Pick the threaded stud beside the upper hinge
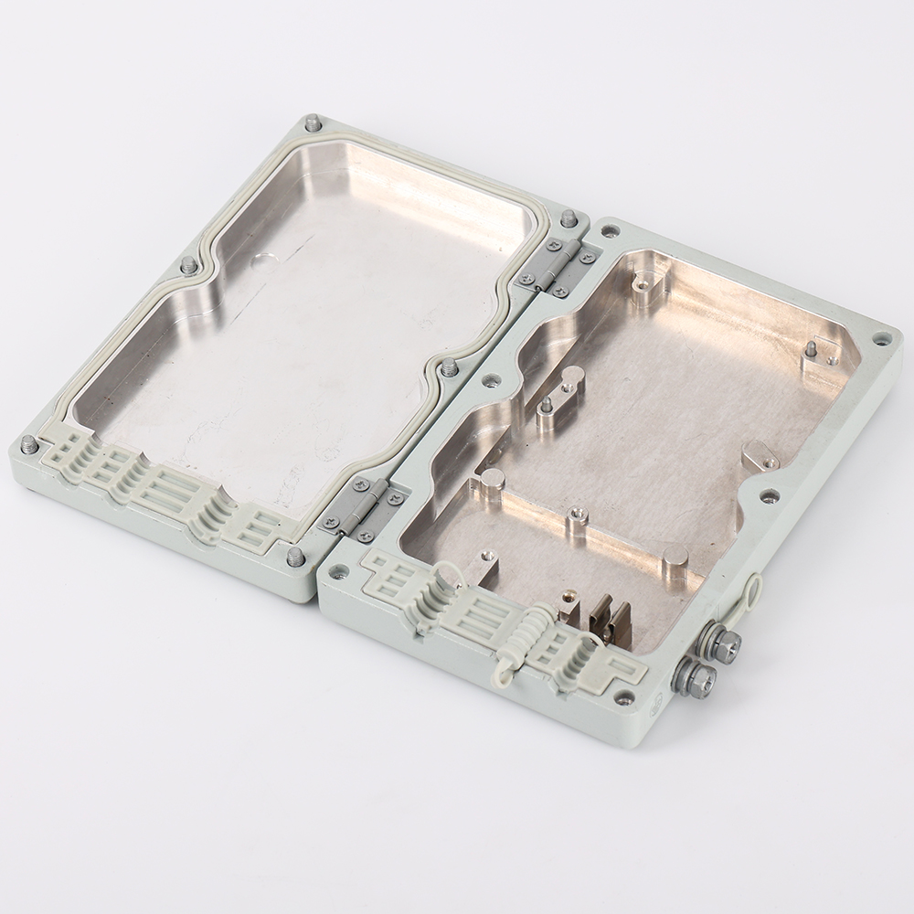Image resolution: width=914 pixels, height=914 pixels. (x=568, y=218)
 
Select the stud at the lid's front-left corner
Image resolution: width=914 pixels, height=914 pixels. (x=29, y=444)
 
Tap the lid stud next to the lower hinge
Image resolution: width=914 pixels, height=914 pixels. (x=294, y=556)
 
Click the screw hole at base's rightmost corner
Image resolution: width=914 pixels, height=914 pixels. (x=880, y=338)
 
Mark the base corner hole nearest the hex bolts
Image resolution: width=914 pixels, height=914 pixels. (x=624, y=697)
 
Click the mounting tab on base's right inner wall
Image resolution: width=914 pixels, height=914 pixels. (x=757, y=454)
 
